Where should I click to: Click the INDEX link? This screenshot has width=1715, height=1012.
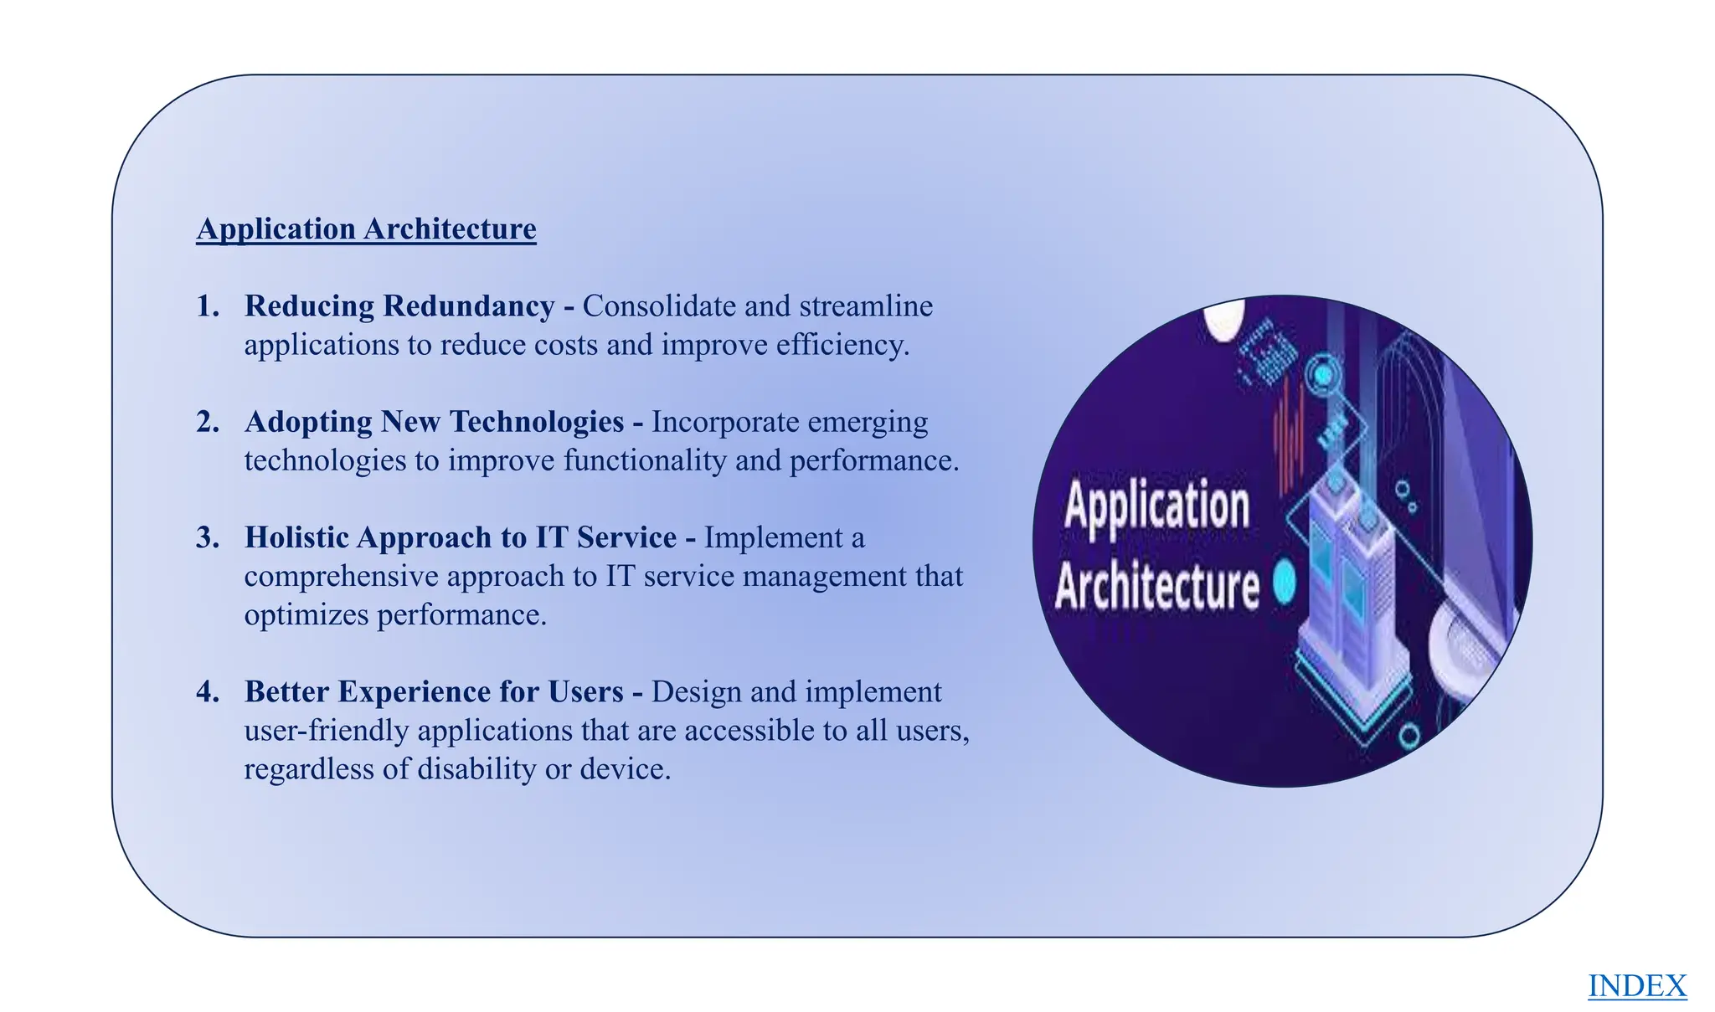coord(1637,985)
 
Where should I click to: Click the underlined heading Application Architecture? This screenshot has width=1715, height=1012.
coord(366,229)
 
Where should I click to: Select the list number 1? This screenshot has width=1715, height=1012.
coord(208,306)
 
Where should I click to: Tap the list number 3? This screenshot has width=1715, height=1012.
coord(208,537)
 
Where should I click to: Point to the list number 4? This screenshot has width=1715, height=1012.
coord(208,692)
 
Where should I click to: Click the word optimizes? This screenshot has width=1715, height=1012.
coord(306,615)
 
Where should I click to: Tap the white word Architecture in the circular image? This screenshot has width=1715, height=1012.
coord(1156,586)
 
